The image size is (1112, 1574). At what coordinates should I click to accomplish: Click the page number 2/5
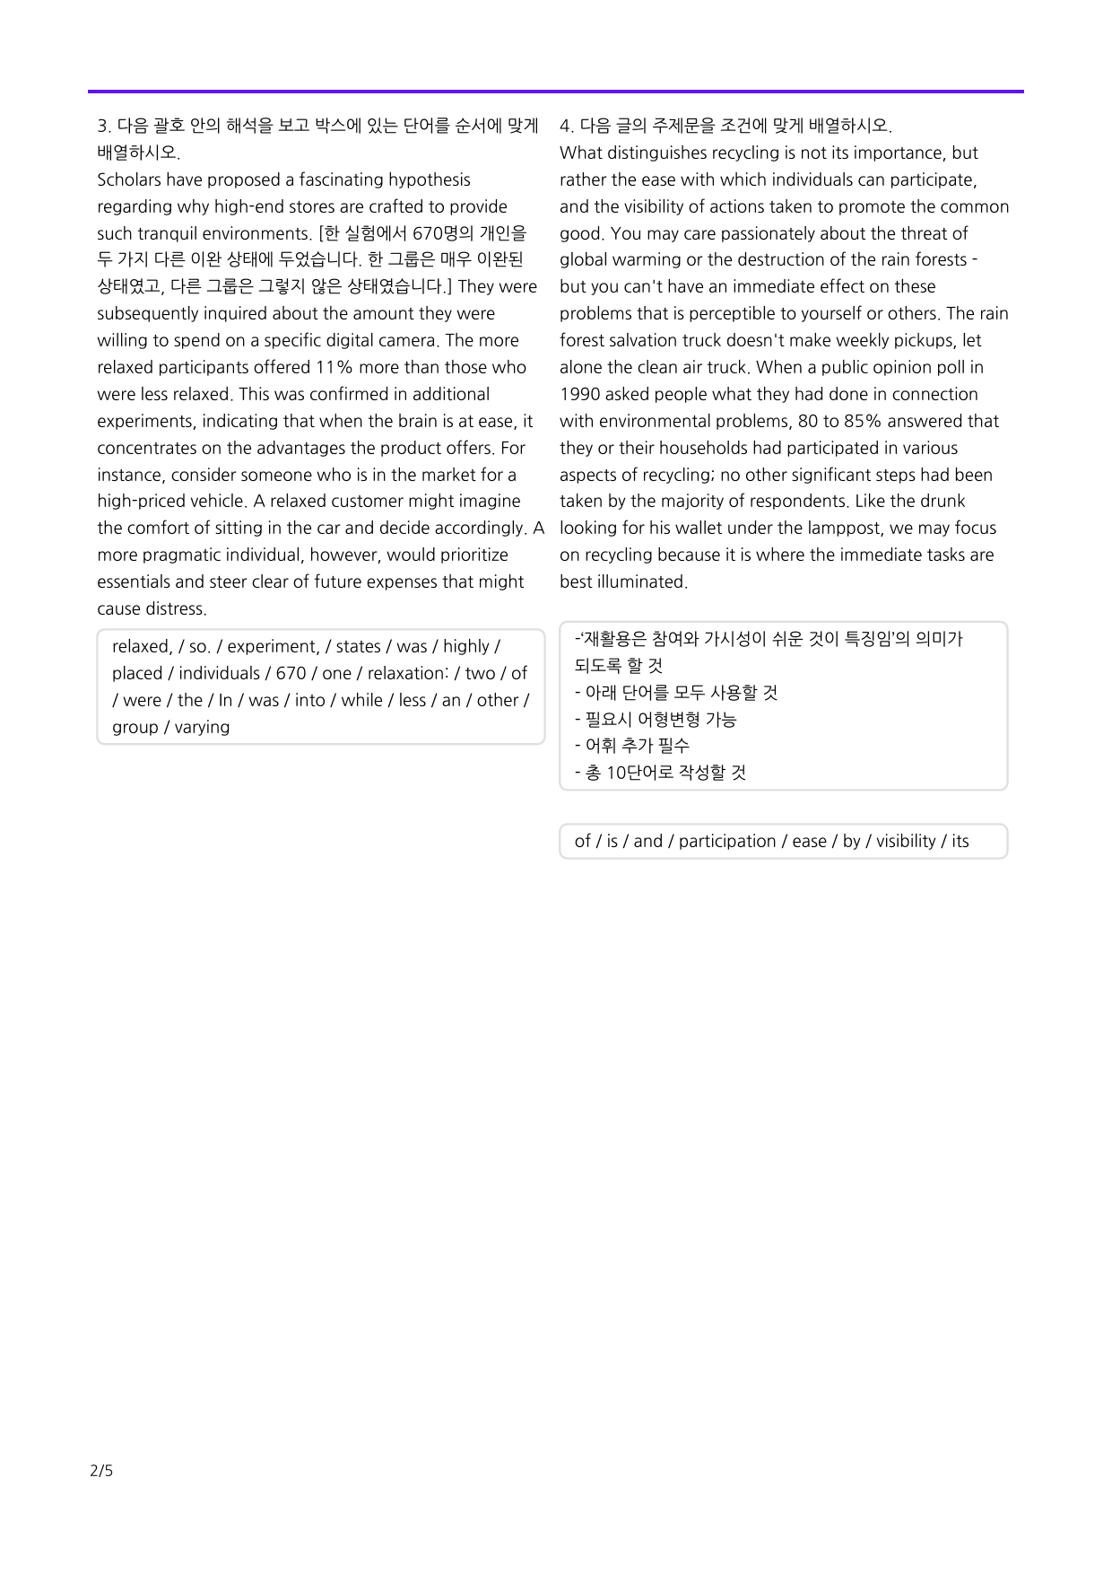(101, 1470)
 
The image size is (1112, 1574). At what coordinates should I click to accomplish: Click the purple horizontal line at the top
(555, 92)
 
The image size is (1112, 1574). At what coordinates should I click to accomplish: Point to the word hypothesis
(426, 179)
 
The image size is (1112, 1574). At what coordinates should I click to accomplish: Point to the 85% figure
(864, 421)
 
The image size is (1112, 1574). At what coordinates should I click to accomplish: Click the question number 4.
(565, 126)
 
